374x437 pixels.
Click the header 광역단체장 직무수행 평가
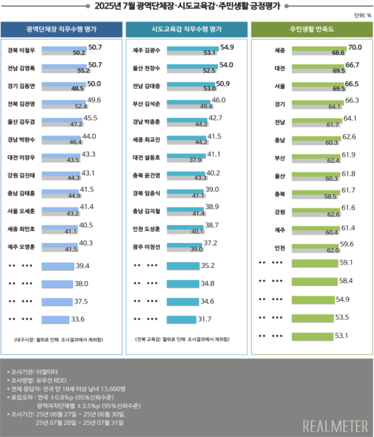click(62, 29)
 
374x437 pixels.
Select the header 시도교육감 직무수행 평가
click(186, 29)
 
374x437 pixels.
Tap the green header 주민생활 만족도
click(311, 29)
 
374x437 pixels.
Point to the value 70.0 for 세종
click(354, 47)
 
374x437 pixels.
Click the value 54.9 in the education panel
click(227, 47)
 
